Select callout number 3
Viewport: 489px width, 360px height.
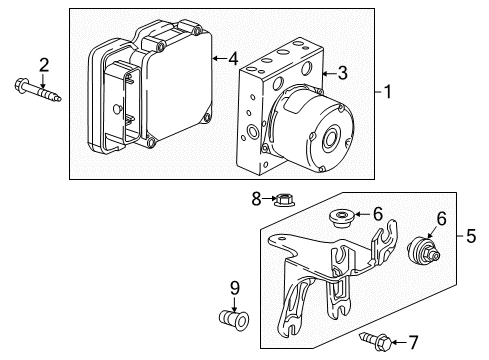(x=342, y=72)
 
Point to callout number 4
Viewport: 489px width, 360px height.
(x=232, y=59)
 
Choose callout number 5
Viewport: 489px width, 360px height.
(x=472, y=237)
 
